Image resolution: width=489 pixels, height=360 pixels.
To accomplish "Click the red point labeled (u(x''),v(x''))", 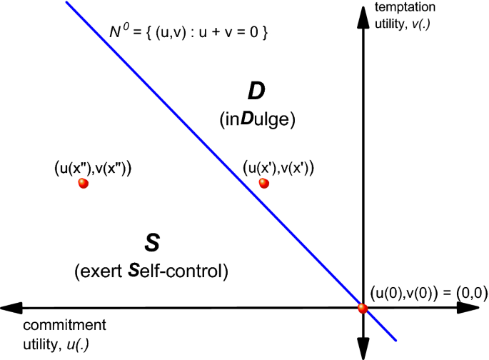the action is click(84, 184).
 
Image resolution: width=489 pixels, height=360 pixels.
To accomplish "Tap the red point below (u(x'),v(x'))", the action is click(264, 184).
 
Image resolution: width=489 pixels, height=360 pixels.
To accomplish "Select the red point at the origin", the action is click(363, 309).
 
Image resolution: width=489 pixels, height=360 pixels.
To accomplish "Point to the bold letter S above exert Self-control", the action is click(151, 244).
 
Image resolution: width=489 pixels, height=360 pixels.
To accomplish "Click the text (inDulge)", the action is click(257, 120).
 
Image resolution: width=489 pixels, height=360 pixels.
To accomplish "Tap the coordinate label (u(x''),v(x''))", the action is click(94, 168).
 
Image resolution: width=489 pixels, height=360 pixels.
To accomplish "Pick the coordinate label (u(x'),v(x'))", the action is click(279, 168).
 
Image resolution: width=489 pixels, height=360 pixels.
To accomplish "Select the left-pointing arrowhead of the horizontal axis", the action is click(11, 309).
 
